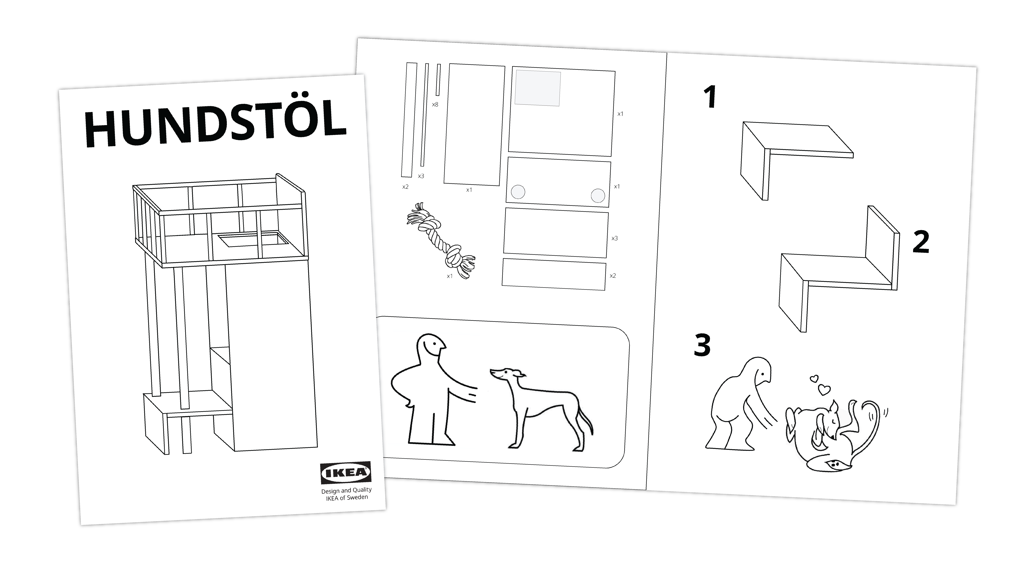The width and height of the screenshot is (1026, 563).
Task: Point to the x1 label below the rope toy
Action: pyautogui.click(x=450, y=276)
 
